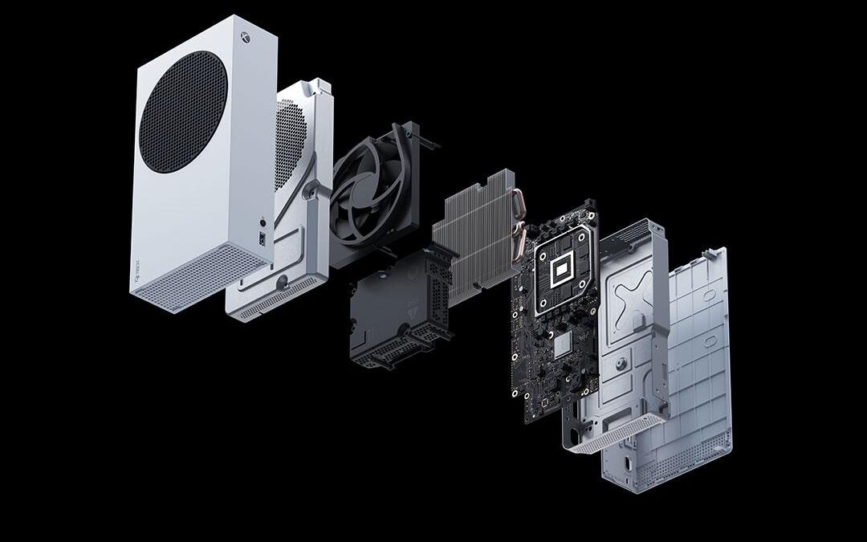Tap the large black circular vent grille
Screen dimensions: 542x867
[181, 111]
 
